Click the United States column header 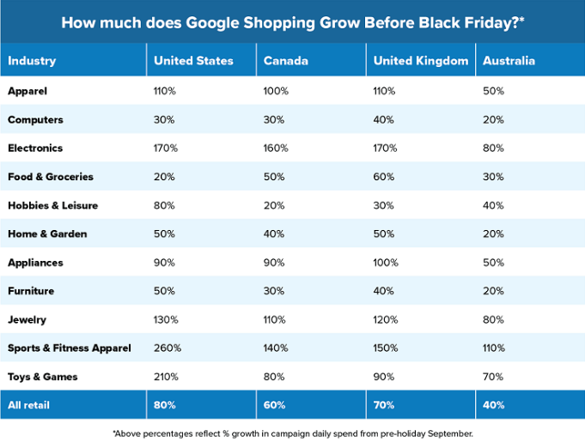point(193,61)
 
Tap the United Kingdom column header point(421,61)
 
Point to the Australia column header point(509,61)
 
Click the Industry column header point(32,61)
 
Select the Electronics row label point(35,148)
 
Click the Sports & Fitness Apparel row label point(70,348)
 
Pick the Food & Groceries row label point(50,177)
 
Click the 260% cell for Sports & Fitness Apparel point(167,348)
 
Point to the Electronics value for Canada point(276,148)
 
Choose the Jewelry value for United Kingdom point(386,319)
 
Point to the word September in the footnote point(447,433)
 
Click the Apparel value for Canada point(276,90)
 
